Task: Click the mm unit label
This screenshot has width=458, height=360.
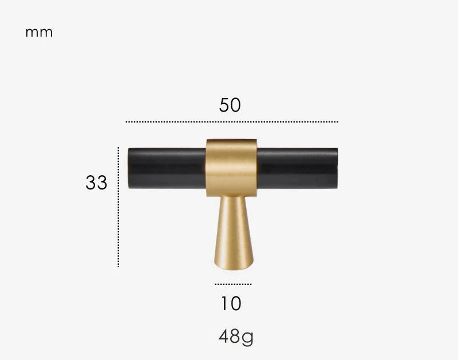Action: click(39, 33)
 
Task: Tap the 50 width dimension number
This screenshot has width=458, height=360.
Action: click(230, 105)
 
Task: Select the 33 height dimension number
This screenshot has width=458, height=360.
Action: click(96, 183)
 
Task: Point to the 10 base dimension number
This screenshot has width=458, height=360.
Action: click(231, 304)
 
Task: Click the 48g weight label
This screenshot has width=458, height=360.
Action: click(236, 337)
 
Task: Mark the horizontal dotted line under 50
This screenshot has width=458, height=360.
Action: click(232, 122)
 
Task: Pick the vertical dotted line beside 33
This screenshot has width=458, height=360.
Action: click(119, 207)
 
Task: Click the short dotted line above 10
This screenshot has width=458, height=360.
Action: click(233, 284)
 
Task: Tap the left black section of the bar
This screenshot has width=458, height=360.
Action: click(167, 168)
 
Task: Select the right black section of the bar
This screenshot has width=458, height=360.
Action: click(297, 168)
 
